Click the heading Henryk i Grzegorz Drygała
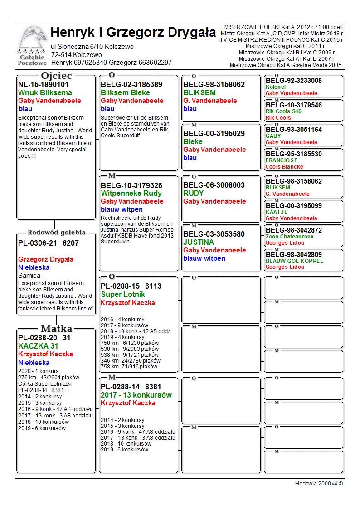133,33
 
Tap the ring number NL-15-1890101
44,84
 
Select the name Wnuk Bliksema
39,92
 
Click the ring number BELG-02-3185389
131,84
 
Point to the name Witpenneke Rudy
131,193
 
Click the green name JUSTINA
199,242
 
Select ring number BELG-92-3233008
294,81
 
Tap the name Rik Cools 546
283,111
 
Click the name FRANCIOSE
282,160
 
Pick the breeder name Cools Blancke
285,167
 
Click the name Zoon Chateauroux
289,237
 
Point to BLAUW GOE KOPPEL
294,261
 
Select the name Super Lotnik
123,295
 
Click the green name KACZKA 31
39,346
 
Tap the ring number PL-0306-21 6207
49,243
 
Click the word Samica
29,276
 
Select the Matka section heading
56,329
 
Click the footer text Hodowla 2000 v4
319,483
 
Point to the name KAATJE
277,212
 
